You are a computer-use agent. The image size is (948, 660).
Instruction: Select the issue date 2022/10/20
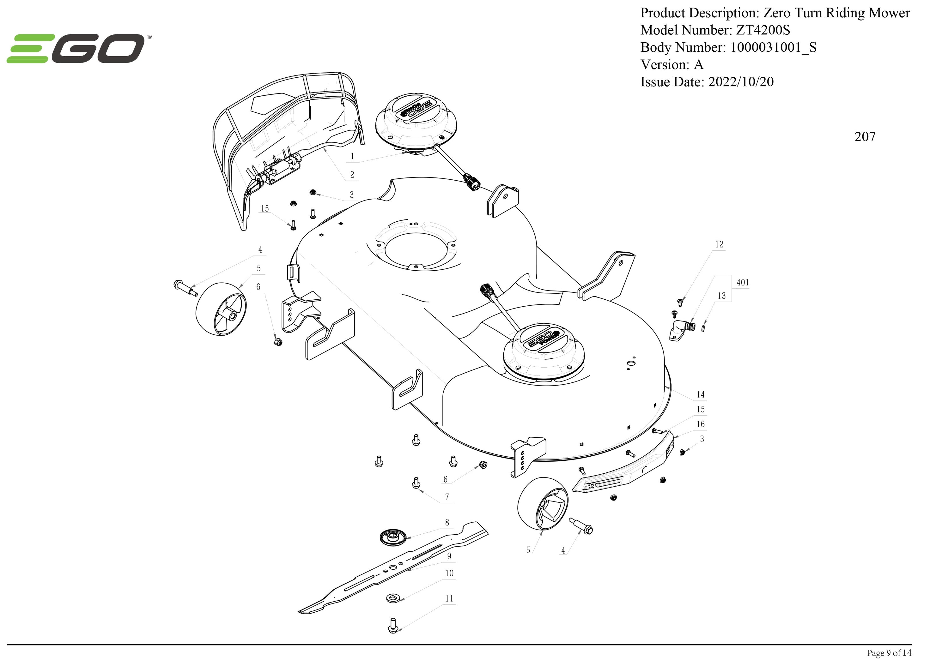click(x=741, y=82)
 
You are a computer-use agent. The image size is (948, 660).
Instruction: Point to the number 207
click(x=865, y=136)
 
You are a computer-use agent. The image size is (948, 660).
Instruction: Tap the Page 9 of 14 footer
click(x=889, y=652)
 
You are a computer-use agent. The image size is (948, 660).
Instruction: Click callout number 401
click(x=742, y=283)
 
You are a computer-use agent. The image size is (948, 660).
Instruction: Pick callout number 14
click(x=700, y=395)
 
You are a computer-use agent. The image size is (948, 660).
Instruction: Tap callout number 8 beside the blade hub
click(x=447, y=522)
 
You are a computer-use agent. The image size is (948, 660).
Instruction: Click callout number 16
click(x=700, y=424)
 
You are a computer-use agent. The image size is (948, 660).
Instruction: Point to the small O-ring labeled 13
click(x=703, y=327)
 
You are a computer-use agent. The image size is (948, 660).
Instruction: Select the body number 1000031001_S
click(x=773, y=47)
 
